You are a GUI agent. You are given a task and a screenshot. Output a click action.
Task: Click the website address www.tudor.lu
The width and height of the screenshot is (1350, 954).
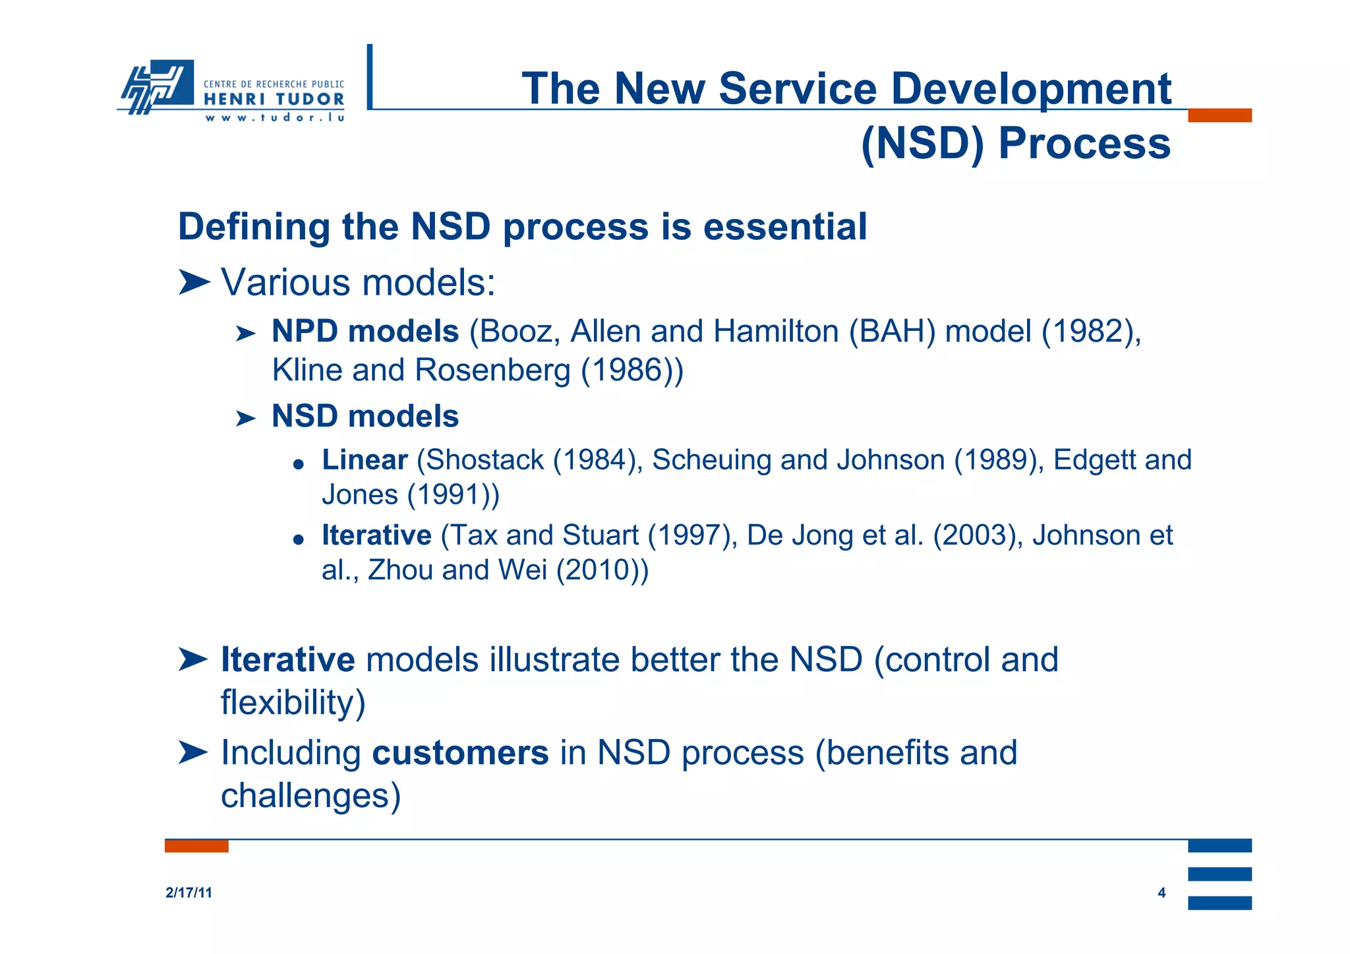click(274, 118)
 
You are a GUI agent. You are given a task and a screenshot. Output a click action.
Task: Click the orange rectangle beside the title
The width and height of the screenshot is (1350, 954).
click(1219, 115)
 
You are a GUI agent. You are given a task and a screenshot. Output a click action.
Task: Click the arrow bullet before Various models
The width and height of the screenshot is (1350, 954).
click(194, 283)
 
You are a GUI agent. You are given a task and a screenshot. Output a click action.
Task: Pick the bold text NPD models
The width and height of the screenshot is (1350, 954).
click(365, 331)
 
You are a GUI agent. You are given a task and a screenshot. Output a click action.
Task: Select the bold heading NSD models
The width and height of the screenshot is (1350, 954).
click(365, 416)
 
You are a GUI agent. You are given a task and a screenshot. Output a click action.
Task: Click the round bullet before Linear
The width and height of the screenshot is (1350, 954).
click(298, 464)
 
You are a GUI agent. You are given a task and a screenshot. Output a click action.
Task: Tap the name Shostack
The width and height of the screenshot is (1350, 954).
click(485, 460)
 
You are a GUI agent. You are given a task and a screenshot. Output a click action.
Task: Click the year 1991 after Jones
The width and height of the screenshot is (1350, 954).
click(454, 494)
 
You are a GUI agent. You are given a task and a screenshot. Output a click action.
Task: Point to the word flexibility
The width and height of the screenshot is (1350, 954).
click(288, 701)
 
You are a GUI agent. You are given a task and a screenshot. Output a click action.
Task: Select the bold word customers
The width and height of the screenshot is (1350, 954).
click(460, 752)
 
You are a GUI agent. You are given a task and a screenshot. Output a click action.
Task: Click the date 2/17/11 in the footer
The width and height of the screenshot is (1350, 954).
click(189, 893)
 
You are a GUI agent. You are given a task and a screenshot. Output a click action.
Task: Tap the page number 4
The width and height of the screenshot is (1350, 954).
click(1161, 893)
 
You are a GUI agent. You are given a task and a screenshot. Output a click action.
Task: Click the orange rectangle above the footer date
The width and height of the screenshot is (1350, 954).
click(196, 846)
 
